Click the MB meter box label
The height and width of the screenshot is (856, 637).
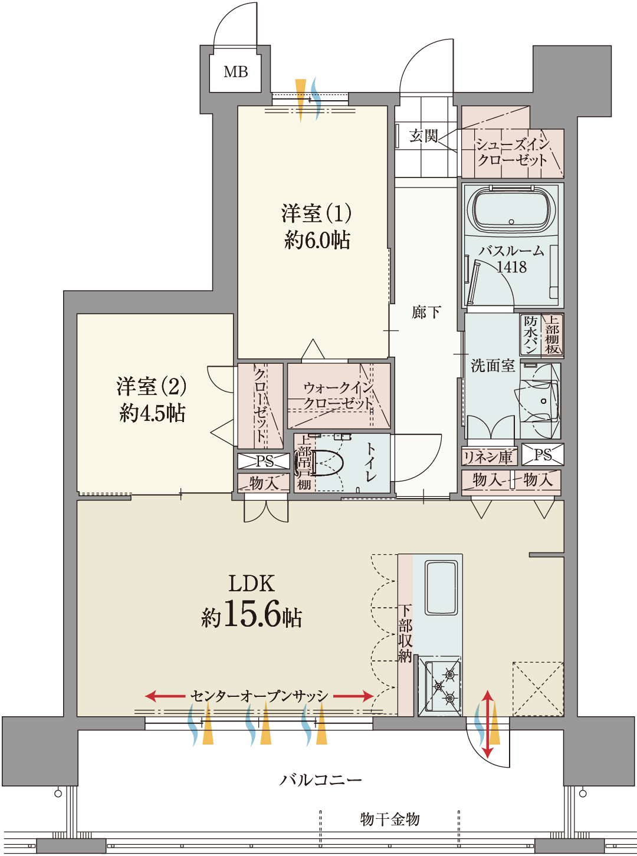pos(236,72)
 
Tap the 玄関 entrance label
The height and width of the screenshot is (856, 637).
pos(423,136)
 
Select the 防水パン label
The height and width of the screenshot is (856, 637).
pos(530,334)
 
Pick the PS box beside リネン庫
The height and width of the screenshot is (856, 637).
pos(543,455)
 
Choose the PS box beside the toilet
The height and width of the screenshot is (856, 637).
pos(264,461)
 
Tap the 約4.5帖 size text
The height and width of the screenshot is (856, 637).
pos(152,413)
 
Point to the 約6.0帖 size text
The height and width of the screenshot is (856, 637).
pos(317,240)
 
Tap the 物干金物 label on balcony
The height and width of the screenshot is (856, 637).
pos(390,819)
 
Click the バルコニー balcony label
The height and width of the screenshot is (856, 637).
pos(321,780)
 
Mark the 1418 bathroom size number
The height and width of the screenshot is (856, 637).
pos(511,267)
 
